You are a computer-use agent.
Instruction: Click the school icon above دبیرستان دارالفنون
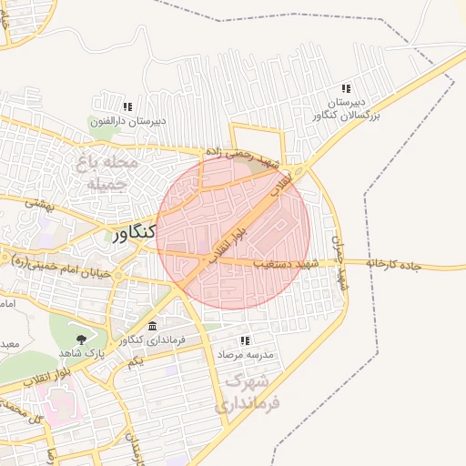pyautogui.click(x=127, y=106)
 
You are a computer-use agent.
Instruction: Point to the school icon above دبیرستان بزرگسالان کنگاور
pyautogui.click(x=347, y=89)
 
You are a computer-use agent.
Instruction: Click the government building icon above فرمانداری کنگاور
pyautogui.click(x=152, y=326)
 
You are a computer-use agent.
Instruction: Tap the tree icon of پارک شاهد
pyautogui.click(x=83, y=339)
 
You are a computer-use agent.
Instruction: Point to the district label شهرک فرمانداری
pyautogui.click(x=247, y=390)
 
